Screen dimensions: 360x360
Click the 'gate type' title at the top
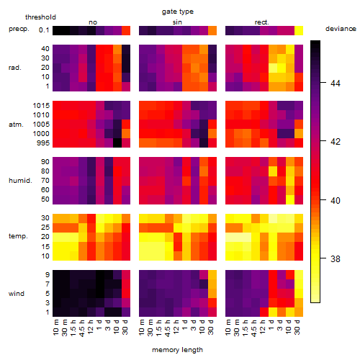tap(178, 12)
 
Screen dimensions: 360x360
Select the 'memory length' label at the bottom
tap(177, 350)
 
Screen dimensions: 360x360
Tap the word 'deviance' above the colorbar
tap(341, 29)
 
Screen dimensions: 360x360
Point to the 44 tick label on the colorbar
tap(336, 84)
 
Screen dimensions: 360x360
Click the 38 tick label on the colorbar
tap(336, 258)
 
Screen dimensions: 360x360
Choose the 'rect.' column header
tap(262, 22)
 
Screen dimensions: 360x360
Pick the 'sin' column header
tap(177, 22)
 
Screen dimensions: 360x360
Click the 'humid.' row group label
tap(20, 181)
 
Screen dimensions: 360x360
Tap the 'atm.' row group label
tap(16, 125)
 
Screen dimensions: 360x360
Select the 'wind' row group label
tap(17, 294)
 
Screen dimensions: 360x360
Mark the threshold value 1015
tap(41, 106)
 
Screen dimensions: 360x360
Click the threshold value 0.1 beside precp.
tap(44, 30)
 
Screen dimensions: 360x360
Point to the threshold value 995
tap(43, 143)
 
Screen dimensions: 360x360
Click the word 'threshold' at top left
tap(40, 17)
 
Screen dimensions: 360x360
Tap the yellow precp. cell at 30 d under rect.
tap(299, 30)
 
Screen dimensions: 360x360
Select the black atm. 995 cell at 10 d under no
tap(117, 143)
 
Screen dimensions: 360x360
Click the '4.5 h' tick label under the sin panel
tap(168, 328)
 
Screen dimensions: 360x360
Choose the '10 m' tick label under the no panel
tap(55, 328)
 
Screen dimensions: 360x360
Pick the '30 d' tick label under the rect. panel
tap(297, 328)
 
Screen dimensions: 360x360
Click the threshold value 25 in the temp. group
tap(45, 228)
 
